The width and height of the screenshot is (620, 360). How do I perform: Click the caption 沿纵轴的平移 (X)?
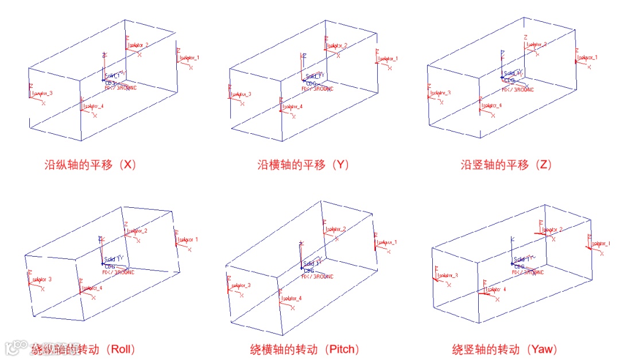90,165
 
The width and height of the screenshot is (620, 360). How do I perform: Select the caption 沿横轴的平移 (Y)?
303,165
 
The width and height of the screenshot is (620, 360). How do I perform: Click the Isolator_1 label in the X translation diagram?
189,57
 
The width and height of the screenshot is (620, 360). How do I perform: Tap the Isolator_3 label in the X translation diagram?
42,93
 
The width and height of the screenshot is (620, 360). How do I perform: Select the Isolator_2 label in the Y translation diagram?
337,45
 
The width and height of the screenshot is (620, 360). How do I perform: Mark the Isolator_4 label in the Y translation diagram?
292,107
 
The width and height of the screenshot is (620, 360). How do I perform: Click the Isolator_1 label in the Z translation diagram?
587,57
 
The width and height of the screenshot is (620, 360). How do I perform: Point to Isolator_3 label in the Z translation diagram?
440,92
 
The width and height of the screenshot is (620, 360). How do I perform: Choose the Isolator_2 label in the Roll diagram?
137,231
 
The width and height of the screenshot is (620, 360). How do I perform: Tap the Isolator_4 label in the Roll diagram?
92,288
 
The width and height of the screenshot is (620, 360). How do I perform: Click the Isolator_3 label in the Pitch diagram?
241,285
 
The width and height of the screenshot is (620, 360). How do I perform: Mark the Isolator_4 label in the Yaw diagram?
496,289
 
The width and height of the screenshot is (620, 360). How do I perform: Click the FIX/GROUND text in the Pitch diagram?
317,276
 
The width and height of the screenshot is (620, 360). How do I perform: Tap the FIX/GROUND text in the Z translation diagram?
518,90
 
